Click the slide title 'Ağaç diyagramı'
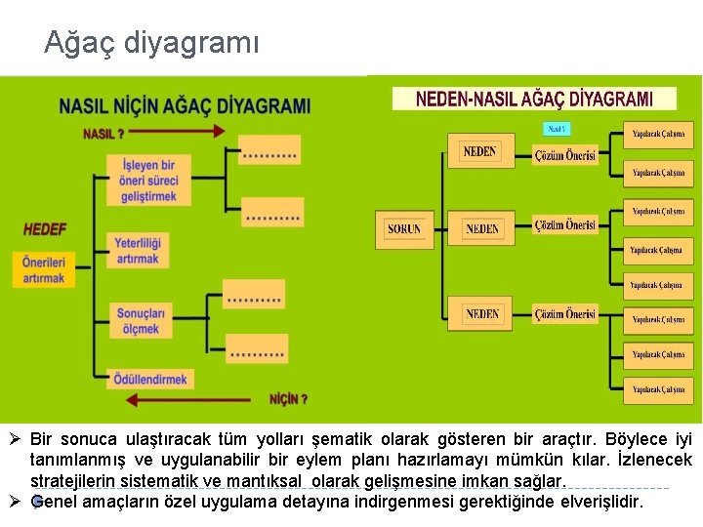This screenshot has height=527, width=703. coord(151,43)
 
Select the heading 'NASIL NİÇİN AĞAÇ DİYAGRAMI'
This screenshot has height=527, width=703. coord(185,106)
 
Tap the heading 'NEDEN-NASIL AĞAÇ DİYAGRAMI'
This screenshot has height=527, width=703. coord(534,99)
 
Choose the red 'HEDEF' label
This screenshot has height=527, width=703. coord(45,229)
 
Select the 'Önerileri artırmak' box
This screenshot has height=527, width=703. coord(44,270)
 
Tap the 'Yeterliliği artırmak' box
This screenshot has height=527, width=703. coord(138,250)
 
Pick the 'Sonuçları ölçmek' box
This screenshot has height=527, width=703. coord(141,321)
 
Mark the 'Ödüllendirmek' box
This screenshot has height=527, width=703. coord(150,379)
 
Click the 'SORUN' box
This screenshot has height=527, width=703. coord(403,229)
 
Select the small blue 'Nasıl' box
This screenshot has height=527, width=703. coord(557,128)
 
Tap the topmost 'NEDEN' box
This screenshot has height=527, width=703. coord(479,151)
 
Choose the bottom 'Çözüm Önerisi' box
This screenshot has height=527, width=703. coord(564,314)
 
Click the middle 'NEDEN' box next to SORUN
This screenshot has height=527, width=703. coord(481,229)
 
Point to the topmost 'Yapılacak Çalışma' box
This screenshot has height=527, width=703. coord(658,134)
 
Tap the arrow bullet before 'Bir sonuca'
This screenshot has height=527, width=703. coord(17,439)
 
